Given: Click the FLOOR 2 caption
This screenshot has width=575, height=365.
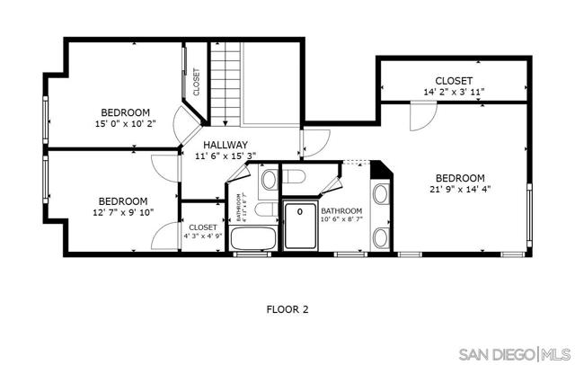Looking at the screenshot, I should point(287,309).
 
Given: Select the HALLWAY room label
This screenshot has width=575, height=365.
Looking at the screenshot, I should point(225,145).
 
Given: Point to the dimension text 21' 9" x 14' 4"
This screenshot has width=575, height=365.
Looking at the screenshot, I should point(460,189).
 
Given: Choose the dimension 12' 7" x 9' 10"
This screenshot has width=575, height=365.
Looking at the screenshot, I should point(122,212).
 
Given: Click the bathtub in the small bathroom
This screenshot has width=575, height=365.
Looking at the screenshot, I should point(255,239).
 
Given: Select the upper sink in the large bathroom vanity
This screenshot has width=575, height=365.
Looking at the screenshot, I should point(380,193).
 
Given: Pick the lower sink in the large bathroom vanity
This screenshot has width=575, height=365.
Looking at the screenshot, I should point(380,237).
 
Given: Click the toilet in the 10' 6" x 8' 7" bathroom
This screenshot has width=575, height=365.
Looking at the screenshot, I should point(298,178).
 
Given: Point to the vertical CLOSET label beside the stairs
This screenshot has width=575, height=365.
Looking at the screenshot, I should point(196,81).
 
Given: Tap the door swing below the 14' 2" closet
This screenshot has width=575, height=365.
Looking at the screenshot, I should point(420,115).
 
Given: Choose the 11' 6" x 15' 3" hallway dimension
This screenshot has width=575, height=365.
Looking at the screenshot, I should point(225,156).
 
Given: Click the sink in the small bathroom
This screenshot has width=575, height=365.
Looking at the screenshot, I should point(269,181).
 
